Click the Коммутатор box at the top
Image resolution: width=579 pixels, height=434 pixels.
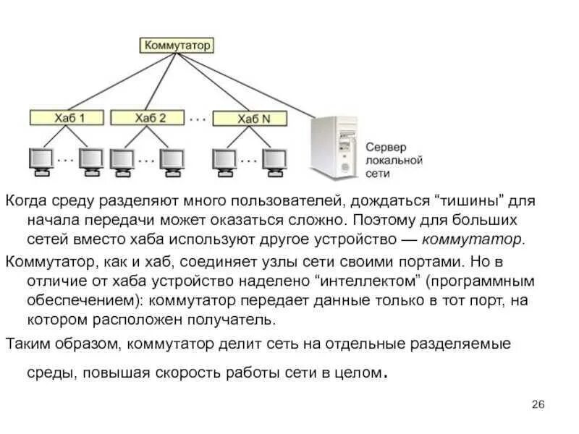177,45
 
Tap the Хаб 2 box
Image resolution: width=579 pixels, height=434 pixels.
151,117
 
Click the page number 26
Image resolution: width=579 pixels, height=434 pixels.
538,404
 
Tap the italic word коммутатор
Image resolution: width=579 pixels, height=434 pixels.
471,239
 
